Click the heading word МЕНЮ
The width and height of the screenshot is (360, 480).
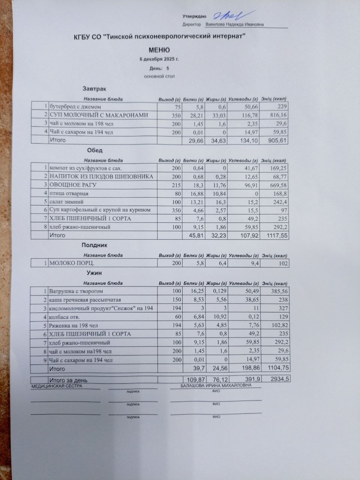(159, 50)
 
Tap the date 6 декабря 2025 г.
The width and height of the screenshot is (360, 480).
(159, 60)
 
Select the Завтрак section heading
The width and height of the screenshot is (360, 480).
(94, 89)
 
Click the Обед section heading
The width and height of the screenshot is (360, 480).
(95, 150)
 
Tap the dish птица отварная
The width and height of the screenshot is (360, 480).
(69, 193)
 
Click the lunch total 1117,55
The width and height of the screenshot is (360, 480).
(276, 235)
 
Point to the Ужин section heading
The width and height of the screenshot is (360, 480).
(94, 273)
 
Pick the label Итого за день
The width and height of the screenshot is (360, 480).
(69, 380)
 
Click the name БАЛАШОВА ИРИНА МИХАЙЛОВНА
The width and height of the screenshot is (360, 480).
(216, 385)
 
